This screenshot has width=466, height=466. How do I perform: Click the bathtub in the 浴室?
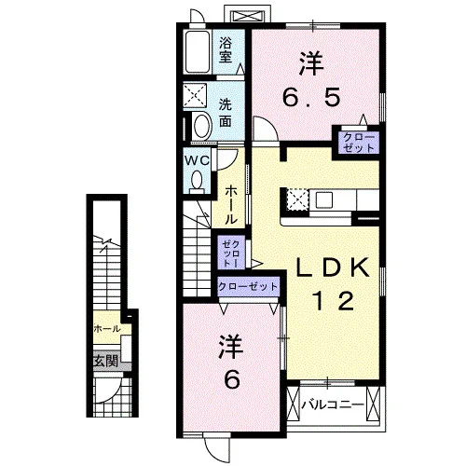click(x=198, y=52)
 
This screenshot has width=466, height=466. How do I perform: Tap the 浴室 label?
click(x=226, y=50)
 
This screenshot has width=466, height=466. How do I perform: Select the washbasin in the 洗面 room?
click(x=202, y=126)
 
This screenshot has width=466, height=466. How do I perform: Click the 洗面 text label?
click(x=226, y=113)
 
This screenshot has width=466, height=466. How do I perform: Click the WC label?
click(x=197, y=160)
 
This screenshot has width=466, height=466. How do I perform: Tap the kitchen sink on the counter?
click(x=324, y=199)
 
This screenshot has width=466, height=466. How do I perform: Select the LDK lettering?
click(x=333, y=267)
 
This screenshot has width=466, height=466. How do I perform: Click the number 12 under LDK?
click(x=334, y=301)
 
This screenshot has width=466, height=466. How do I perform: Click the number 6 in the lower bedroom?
click(x=232, y=379)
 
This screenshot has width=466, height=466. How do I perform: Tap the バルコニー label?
click(x=333, y=404)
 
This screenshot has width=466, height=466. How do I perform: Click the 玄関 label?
click(x=106, y=361)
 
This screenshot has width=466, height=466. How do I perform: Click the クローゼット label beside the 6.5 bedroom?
click(x=359, y=143)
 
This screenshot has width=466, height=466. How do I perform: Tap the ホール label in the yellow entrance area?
click(x=107, y=329)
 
